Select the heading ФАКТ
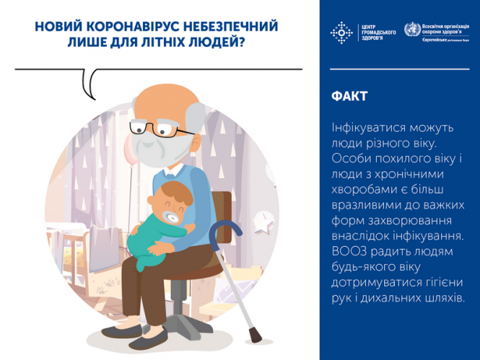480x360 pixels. (350, 96)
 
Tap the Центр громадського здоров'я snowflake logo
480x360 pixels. (340, 32)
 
